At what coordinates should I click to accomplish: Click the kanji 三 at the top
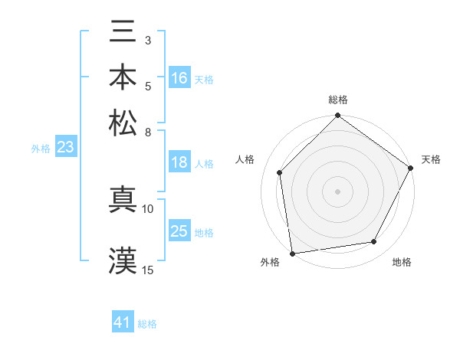[x=123, y=34]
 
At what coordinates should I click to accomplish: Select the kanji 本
[x=123, y=77]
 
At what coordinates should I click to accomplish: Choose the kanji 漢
[x=123, y=260]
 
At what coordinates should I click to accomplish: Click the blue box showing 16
[x=179, y=78]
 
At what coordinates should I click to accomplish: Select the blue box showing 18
[x=179, y=162]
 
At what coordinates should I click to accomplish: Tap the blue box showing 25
[x=179, y=231]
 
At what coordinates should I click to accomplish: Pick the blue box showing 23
[x=65, y=147]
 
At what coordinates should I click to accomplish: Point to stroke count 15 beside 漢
[x=148, y=270]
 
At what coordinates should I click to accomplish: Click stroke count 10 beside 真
[x=148, y=208]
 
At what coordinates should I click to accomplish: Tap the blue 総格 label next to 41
[x=147, y=324]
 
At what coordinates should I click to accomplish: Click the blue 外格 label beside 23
[x=41, y=149]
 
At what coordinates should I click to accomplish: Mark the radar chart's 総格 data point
[x=337, y=116]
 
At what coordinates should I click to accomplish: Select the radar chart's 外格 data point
[x=292, y=253]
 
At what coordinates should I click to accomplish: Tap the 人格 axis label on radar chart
[x=245, y=159]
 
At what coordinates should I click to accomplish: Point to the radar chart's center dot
[x=337, y=191]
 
